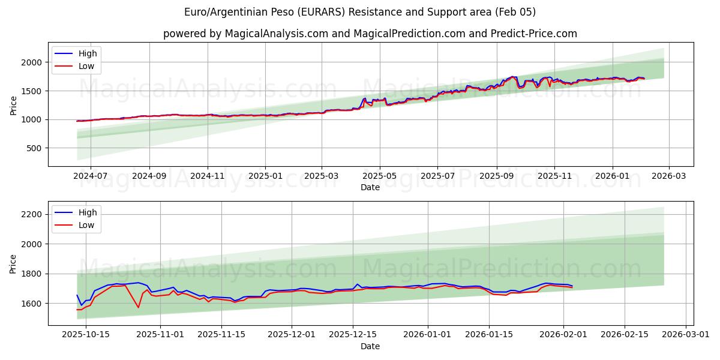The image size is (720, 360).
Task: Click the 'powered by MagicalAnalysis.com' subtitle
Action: [370, 34]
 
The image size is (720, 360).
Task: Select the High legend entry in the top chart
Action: [87, 53]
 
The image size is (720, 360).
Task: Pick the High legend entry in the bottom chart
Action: [87, 212]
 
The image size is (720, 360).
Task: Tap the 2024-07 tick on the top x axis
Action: [90, 176]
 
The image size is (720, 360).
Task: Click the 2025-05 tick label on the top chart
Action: [379, 176]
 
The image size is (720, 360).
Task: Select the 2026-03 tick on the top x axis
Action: [669, 176]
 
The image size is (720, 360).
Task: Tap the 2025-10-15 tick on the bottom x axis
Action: [85, 335]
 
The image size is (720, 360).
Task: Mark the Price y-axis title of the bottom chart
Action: [13, 263]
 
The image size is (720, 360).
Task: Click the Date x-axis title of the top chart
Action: [370, 187]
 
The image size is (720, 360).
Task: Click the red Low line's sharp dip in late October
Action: [139, 308]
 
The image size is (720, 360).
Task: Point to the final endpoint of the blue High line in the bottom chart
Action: [572, 286]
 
